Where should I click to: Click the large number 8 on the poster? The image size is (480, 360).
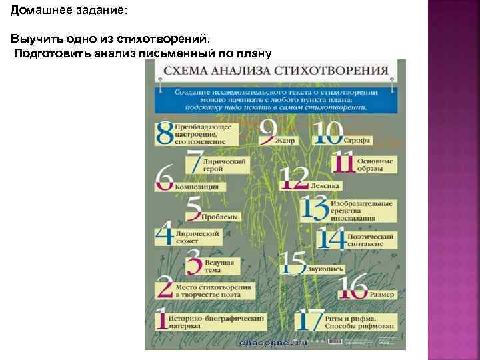164,133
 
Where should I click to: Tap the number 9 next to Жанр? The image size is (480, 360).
268,131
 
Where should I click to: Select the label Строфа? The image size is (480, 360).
357,141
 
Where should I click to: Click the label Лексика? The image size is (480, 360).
325,185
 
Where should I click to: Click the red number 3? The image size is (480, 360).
193,262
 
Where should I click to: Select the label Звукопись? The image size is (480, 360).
325,269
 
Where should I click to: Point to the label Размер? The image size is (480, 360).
382,293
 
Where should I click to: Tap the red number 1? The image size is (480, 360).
161,318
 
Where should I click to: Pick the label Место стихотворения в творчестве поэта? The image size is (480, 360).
214,290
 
